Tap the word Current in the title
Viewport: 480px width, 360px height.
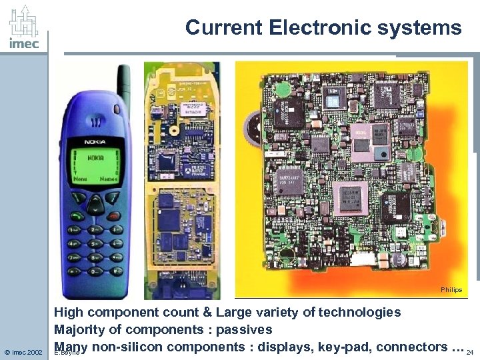[225, 27]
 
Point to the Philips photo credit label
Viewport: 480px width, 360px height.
[451, 290]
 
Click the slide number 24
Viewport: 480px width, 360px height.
[471, 351]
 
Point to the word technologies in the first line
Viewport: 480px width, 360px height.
[360, 312]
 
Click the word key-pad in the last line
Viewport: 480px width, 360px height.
[349, 346]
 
